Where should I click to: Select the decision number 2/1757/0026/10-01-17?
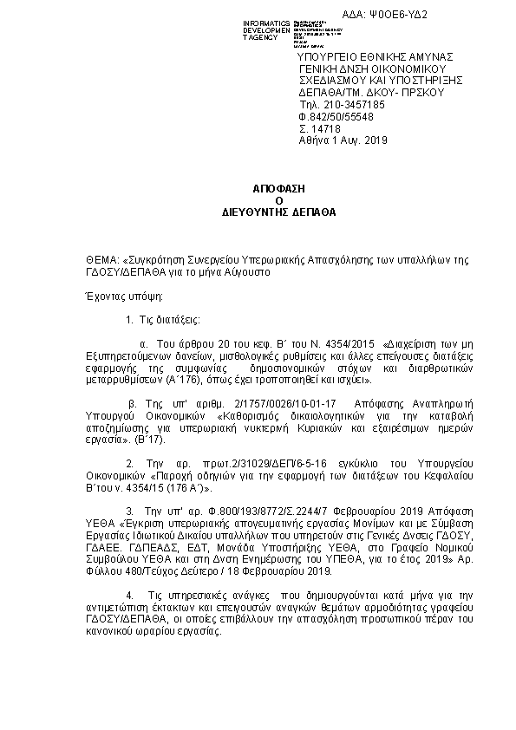pos(304,403)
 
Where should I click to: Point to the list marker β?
pos(133,403)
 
